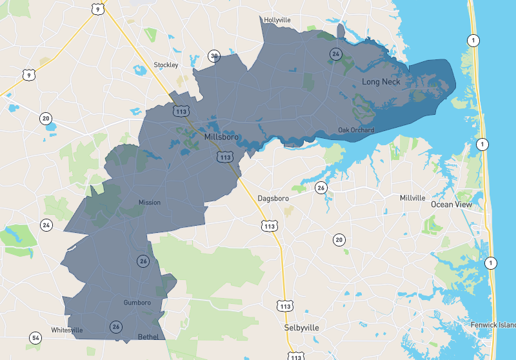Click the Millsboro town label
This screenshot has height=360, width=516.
[221, 137]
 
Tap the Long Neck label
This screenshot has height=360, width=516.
[381, 82]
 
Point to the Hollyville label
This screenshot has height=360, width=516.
[278, 20]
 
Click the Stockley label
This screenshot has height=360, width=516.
[166, 65]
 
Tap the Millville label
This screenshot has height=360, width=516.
[413, 197]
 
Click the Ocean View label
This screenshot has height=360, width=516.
[451, 205]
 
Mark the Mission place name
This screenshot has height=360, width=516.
[149, 203]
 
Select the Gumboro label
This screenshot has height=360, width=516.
[137, 303]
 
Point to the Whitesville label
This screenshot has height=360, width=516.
[67, 330]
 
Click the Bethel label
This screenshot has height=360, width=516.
[148, 337]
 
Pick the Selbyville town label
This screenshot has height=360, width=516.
[302, 328]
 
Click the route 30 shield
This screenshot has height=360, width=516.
[213, 55]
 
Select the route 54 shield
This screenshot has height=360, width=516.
[35, 337]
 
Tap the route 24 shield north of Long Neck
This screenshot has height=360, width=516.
[335, 54]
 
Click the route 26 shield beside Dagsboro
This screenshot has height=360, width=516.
[321, 188]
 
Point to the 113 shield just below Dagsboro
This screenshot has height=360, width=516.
[270, 226]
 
